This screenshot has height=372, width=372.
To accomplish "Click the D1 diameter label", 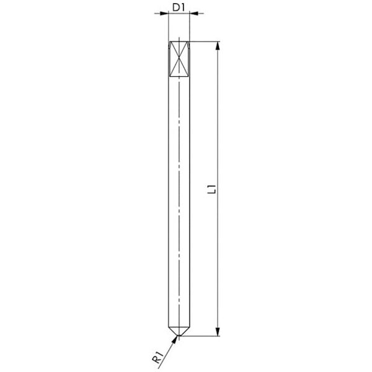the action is pyautogui.click(x=178, y=7).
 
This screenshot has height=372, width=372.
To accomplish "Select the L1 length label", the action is pyautogui.click(x=211, y=189).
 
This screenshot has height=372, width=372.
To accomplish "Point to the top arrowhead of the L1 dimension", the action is pyautogui.click(x=218, y=46).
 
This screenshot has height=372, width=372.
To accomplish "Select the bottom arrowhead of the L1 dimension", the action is pyautogui.click(x=218, y=332).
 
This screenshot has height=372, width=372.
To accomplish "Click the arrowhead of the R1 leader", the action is pyautogui.click(x=175, y=339).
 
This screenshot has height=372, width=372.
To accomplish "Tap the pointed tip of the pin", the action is pyautogui.click(x=179, y=335).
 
